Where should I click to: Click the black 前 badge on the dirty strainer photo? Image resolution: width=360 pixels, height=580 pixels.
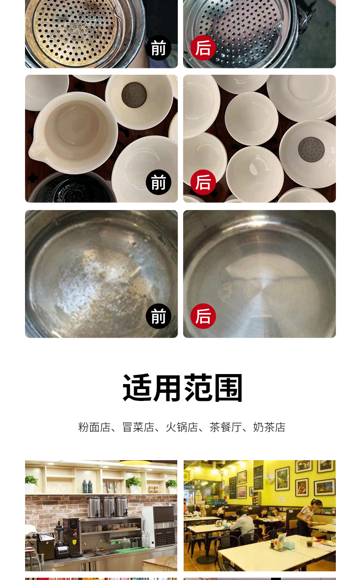point(158,48)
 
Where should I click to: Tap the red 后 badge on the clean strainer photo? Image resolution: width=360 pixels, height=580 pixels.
point(203,48)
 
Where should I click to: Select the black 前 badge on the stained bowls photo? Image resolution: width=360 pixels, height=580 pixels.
point(158,182)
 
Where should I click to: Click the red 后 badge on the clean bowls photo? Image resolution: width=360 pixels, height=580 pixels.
point(203,182)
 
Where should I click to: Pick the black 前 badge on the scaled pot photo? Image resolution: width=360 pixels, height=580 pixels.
point(158,316)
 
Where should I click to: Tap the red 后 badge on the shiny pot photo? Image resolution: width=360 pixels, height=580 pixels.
point(203,316)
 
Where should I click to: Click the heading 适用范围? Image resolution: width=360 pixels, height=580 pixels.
point(182,388)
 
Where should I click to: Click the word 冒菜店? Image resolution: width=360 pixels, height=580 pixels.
point(138,427)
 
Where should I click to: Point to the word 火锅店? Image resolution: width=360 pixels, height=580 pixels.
point(182,427)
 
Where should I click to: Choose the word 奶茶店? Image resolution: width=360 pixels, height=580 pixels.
point(269,427)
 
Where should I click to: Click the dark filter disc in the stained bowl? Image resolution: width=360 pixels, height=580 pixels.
point(134,95)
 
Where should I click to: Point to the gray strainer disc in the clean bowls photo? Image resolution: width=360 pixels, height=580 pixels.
point(311,148)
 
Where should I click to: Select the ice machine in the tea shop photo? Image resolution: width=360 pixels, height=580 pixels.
point(158,526)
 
